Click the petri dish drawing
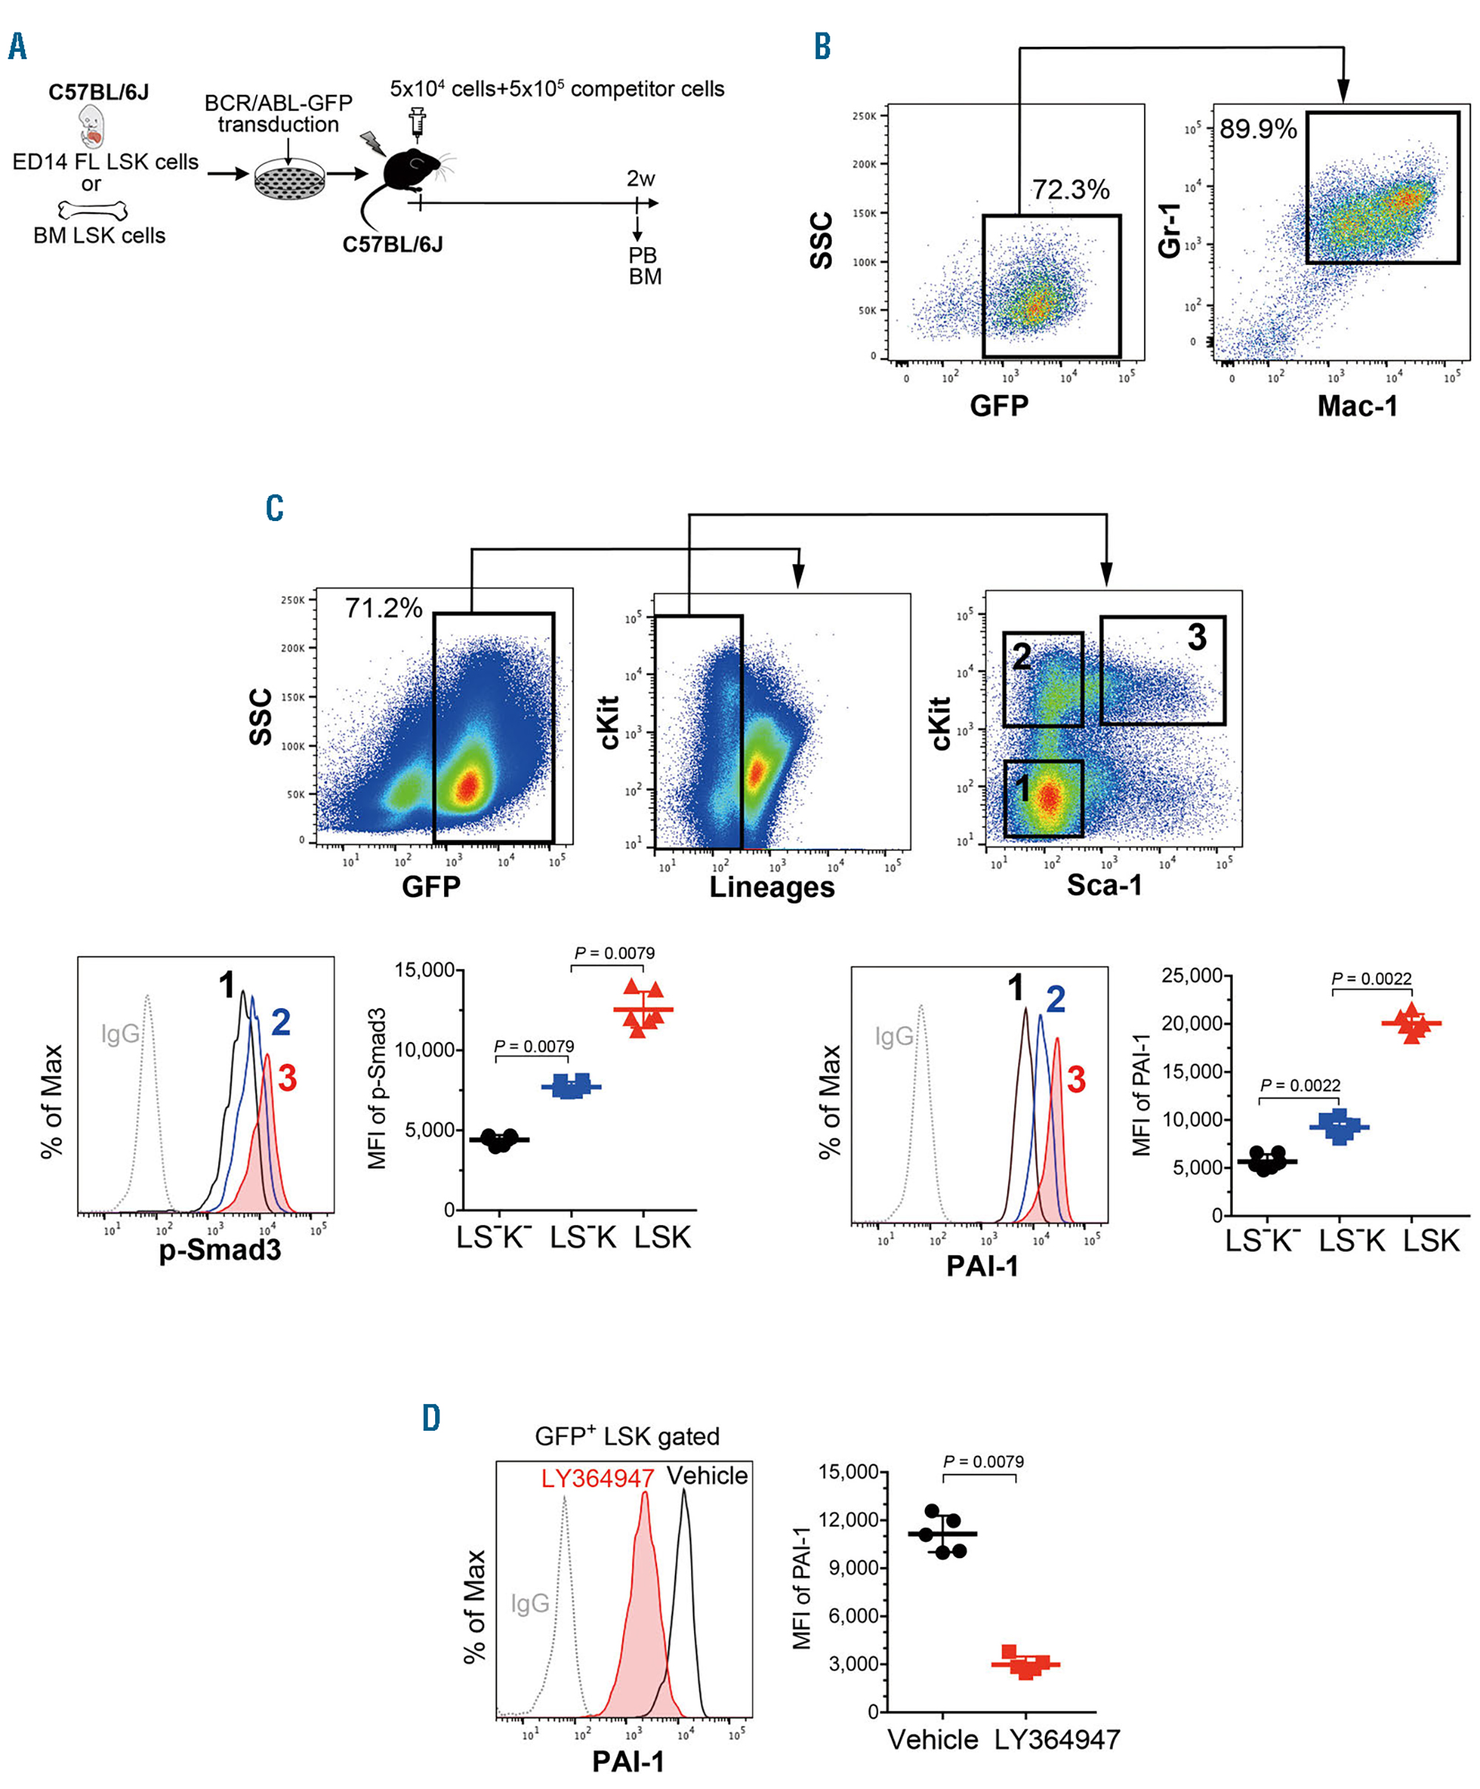coord(289,179)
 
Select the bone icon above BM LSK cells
coord(92,209)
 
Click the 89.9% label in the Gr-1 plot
coord(1258,130)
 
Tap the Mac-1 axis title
coord(1357,406)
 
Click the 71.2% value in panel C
coord(383,608)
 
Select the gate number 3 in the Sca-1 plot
coord(1197,637)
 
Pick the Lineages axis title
coord(772,887)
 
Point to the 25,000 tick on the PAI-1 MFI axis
coord(1192,976)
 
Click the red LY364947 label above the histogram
coord(597,1478)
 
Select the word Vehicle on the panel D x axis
coord(932,1739)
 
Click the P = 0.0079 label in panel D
coord(983,1462)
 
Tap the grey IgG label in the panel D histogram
coord(530,1604)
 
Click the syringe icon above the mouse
coord(417,122)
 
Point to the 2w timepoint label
coord(640,179)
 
